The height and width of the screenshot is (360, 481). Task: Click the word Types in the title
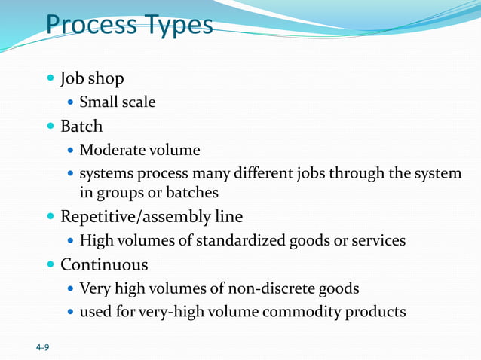click(176, 26)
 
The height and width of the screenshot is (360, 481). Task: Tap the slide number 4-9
click(43, 348)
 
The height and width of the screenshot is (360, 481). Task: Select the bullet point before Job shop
click(51, 78)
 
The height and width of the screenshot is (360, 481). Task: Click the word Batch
click(81, 126)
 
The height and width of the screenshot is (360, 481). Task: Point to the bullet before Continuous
click(51, 265)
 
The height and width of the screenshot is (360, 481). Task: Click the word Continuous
click(104, 265)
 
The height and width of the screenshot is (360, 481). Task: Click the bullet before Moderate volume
click(70, 150)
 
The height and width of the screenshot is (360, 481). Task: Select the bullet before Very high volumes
click(70, 288)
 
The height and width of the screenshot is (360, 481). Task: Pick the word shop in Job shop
click(107, 79)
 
